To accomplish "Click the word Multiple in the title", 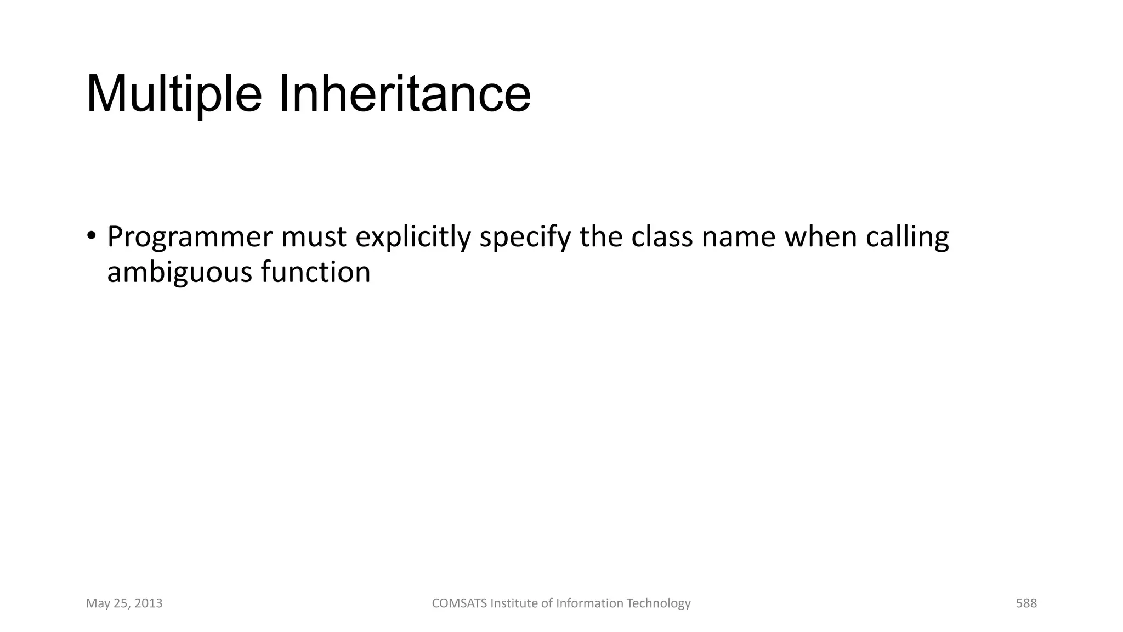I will [174, 94].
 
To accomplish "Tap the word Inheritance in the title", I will [405, 94].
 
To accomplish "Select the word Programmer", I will [189, 238].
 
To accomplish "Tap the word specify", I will [525, 238].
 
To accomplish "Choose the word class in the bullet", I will [662, 238].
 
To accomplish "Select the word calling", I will [908, 238].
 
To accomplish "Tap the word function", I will [316, 272].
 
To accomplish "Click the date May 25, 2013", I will [124, 603].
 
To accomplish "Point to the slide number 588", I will [1026, 603].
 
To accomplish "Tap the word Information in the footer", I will [589, 603].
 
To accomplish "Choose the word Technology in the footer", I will [659, 603].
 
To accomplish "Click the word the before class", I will [601, 238].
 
